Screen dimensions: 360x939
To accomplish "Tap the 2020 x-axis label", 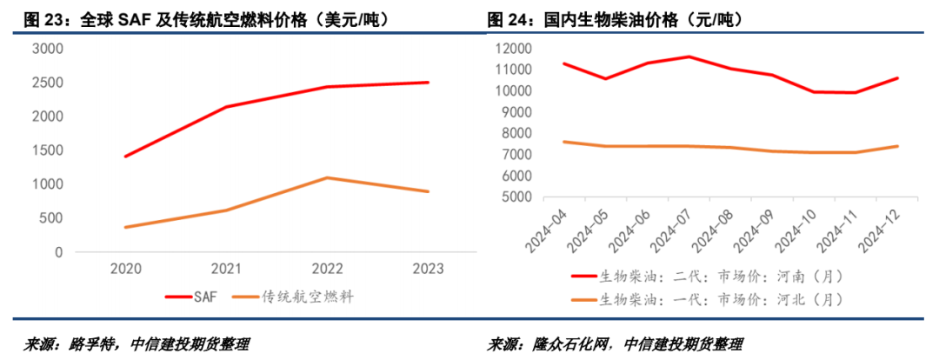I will click(128, 270).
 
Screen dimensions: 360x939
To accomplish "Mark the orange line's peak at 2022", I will click(326, 178).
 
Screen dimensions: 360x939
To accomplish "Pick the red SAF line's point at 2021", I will click(227, 107).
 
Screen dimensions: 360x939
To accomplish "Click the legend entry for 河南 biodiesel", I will click(709, 277).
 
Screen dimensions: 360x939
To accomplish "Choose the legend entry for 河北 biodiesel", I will click(709, 300).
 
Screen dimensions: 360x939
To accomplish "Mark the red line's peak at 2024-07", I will click(689, 57).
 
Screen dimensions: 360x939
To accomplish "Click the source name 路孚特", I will click(90, 343).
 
